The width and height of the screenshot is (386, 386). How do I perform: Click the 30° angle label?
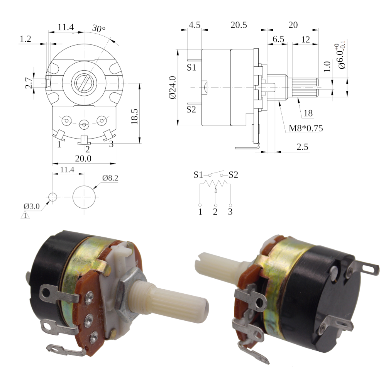click(99, 29)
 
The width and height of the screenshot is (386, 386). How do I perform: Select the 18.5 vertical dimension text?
click(134, 117)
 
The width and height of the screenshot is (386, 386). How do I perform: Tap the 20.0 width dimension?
click(83, 159)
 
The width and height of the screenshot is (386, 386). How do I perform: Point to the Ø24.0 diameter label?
click(173, 87)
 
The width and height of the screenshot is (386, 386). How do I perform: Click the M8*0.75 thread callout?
click(305, 128)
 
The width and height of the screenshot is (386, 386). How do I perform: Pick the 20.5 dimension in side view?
click(239, 25)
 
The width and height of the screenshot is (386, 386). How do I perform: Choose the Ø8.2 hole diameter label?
click(110, 178)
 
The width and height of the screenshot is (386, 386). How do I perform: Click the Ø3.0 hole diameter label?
click(32, 206)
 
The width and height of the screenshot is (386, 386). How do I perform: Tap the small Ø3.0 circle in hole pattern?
click(52, 197)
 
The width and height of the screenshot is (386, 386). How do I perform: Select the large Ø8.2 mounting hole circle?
click(84, 197)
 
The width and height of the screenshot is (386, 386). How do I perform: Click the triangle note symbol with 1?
click(25, 215)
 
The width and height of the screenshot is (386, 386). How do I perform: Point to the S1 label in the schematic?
click(198, 175)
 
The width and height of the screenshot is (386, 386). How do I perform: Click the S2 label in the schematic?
click(234, 175)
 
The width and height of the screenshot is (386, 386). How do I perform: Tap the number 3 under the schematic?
click(230, 212)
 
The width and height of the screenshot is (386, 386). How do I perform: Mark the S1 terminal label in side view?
click(191, 68)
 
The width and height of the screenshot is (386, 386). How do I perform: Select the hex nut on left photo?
click(128, 294)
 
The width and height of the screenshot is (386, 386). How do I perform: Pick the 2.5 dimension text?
click(302, 147)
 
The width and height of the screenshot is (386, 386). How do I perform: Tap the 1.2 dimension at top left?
click(25, 39)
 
